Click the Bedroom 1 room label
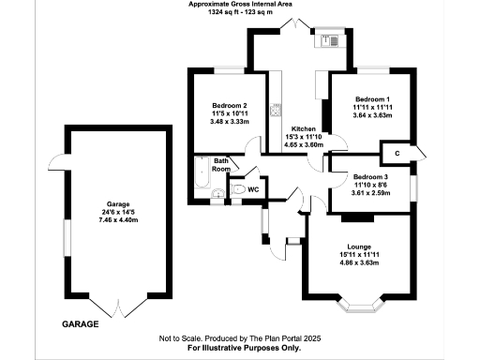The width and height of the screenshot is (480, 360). tap(372, 99)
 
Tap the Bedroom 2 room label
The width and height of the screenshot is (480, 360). tap(230, 105)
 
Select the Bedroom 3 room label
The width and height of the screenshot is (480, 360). tap(369, 176)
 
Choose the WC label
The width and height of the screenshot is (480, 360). tap(253, 189)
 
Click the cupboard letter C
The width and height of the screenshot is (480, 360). tap(397, 152)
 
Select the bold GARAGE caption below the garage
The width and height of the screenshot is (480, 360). tap(81, 323)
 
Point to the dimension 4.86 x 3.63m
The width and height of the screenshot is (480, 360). tap(358, 263)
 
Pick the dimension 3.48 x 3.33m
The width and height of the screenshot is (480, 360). tap(230, 122)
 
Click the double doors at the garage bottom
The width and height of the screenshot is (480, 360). tap(117, 307)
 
